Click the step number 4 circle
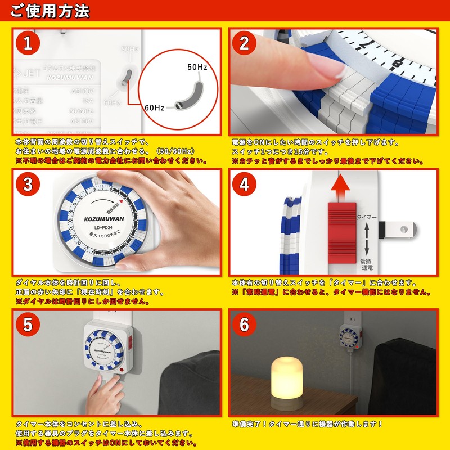coord(244,184)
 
